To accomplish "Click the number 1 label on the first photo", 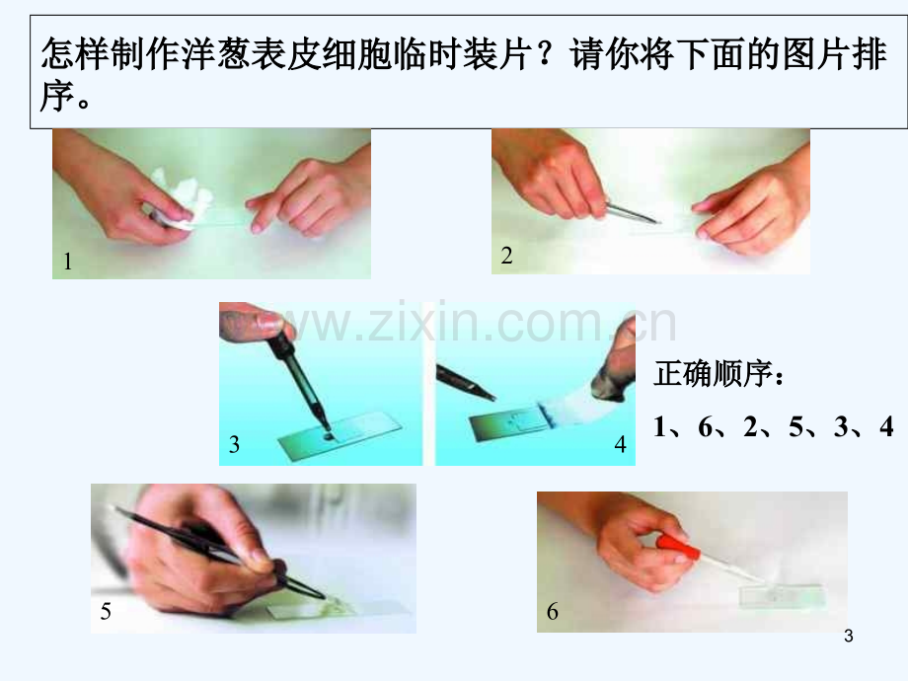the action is coord(68,262).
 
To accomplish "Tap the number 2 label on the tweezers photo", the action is coord(506,256).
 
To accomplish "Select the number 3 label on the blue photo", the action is coord(234,444).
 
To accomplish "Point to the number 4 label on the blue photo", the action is coord(620,444).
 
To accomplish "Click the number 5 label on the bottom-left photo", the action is coord(106,611).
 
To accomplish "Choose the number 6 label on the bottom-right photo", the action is coord(553,611).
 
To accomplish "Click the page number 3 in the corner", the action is coord(849,636).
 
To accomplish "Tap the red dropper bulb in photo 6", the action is coord(677,546).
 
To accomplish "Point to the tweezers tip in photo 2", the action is coord(658,221).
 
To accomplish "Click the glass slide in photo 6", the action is coord(783,596).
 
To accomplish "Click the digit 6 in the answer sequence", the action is coord(705,426).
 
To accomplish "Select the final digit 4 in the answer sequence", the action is coord(886,426).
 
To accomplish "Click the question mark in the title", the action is coord(545,54).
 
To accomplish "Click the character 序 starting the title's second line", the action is coord(57,96).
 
